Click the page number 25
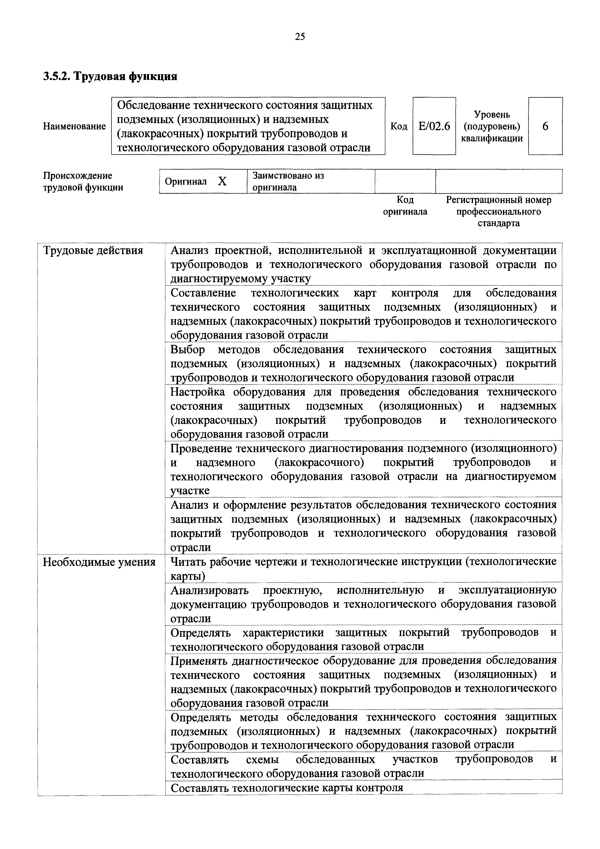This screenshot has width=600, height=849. point(300,36)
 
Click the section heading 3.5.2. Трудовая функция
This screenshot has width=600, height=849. point(110,76)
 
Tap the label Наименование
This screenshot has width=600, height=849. point(74,127)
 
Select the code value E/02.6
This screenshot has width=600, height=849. point(434,127)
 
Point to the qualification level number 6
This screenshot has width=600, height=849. point(545,127)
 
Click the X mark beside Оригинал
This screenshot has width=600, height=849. point(222,182)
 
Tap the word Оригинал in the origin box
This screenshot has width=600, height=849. point(186,182)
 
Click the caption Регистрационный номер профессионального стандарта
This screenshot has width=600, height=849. point(498,212)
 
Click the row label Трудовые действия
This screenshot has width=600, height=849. point(93,251)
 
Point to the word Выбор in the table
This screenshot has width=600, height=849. point(187,349)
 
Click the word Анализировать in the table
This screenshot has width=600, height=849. point(210,591)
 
